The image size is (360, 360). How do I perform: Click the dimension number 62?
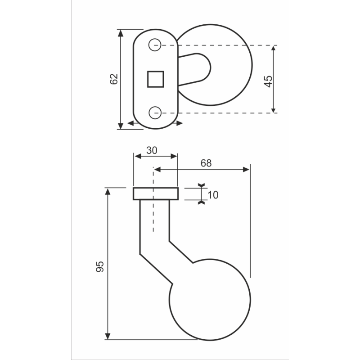pos(114,79)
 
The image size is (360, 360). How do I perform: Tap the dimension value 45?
pos(268,81)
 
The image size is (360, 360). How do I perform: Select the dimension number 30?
pos(152,151)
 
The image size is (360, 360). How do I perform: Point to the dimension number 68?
pos(206,163)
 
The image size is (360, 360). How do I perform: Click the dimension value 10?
pos(213,195)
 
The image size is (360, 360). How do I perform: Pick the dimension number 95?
pos(100,267)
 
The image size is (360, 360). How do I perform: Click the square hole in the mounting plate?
pos(155,79)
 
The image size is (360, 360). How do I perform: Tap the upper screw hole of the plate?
pos(155,45)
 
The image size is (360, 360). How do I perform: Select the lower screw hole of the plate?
pos(155,113)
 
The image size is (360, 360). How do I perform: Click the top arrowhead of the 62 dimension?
pos(121,33)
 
